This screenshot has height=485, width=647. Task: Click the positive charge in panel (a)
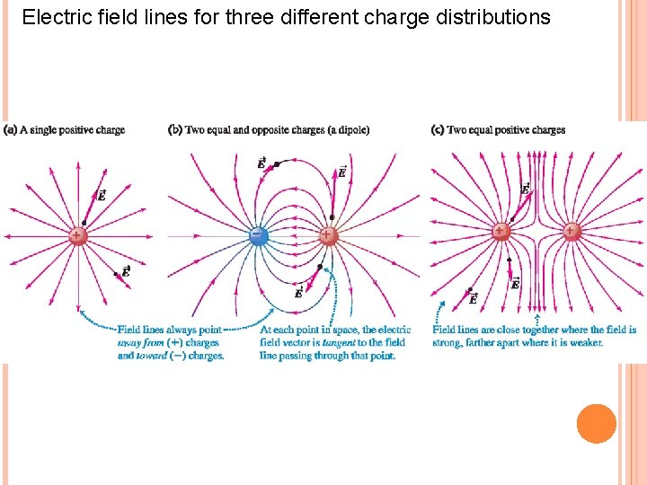point(78,235)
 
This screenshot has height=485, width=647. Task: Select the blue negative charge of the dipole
point(258,235)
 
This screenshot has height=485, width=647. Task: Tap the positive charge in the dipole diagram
point(328,235)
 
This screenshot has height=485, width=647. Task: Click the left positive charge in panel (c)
point(501,232)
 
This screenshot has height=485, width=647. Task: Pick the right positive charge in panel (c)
point(572,232)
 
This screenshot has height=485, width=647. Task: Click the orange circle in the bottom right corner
point(596,424)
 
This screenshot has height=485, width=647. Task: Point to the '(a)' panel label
point(11,130)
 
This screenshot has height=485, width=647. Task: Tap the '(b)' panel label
point(176,130)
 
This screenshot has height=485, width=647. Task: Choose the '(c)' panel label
point(438,130)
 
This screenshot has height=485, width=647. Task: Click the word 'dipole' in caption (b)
point(353,130)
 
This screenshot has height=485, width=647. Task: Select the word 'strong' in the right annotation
point(448,343)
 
